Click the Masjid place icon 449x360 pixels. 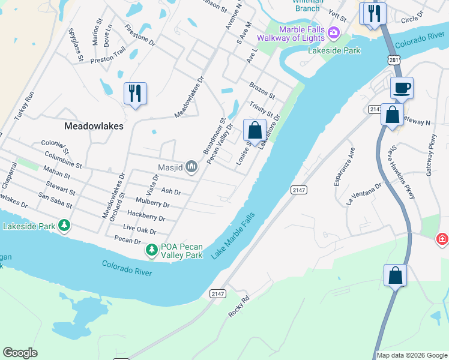point(191,166)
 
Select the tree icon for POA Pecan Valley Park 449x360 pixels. point(152,249)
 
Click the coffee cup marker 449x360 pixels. point(402,88)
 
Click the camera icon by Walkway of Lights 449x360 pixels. point(334,31)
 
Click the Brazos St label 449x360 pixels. point(262,91)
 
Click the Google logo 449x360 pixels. point(20,353)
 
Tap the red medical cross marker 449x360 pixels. point(442,240)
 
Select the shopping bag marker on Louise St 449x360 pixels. point(255,130)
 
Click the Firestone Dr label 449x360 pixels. point(140,35)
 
